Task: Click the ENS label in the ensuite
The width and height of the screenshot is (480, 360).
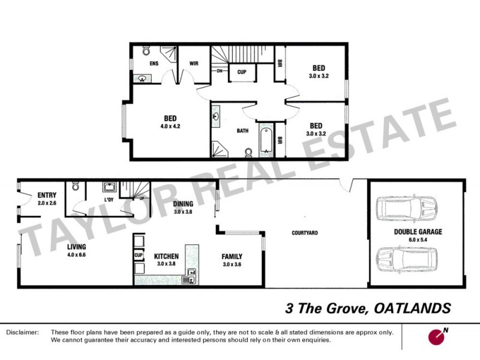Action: point(154,63)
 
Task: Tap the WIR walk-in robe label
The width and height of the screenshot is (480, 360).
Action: point(194,63)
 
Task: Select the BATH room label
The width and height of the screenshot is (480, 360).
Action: point(242,130)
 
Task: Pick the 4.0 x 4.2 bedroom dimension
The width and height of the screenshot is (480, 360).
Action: point(170,127)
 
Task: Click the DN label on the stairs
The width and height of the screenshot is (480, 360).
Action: point(220,70)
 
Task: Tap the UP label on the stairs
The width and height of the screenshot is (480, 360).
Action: point(142,198)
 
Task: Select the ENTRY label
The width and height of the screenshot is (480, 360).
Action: point(47,196)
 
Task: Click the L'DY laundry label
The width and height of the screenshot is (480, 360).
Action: point(109,200)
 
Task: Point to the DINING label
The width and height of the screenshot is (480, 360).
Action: point(183,204)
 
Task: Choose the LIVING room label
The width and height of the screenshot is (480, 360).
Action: point(76,247)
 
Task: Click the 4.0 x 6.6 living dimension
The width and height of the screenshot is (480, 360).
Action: point(76,254)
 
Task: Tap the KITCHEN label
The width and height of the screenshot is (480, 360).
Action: point(166,256)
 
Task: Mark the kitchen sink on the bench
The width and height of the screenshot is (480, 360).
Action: point(190,275)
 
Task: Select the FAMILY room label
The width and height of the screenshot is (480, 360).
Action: point(232,256)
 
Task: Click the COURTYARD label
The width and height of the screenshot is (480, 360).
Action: point(304,233)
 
